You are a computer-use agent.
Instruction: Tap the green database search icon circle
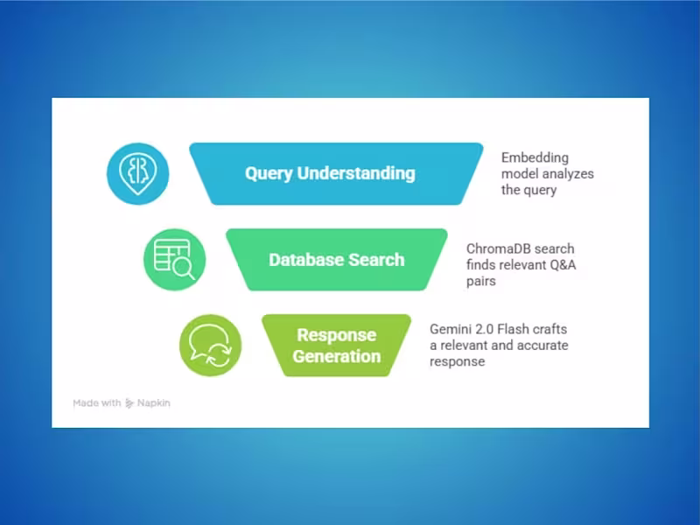click(174, 259)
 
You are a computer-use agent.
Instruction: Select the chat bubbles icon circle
click(210, 345)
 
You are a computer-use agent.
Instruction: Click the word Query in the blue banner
click(269, 172)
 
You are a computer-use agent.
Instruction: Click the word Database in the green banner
click(305, 260)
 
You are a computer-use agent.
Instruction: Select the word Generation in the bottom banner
click(337, 356)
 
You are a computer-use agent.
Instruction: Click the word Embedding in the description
click(535, 157)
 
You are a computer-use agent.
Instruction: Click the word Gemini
click(451, 329)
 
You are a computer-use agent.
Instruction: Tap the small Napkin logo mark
click(129, 403)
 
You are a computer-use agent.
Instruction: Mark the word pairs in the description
click(482, 281)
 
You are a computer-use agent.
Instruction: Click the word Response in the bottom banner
click(337, 335)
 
